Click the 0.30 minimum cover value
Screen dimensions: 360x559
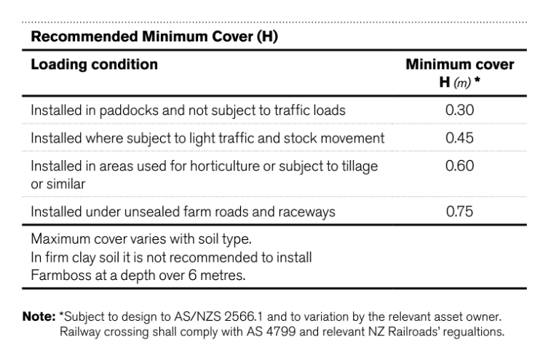coord(459,111)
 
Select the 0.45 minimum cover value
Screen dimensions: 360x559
coord(459,138)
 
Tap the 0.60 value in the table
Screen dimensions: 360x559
coord(459,166)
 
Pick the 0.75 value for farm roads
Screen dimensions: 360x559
coord(459,212)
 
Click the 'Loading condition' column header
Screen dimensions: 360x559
coord(94,64)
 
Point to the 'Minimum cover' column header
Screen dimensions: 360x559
coord(459,65)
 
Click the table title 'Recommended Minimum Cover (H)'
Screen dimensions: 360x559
coord(154,36)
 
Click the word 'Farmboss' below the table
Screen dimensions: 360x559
coord(58,276)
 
